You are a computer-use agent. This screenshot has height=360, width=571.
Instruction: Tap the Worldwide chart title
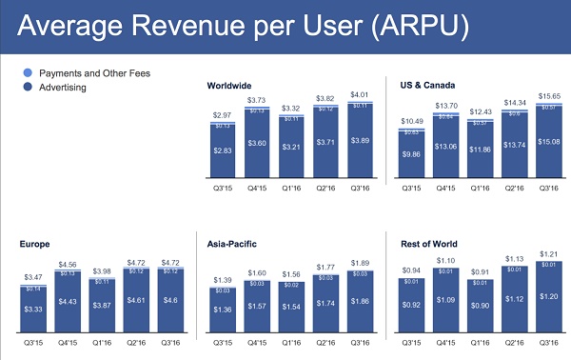click(231, 86)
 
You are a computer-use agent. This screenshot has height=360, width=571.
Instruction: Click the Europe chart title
click(35, 244)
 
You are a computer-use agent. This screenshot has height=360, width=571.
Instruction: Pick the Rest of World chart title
click(422, 244)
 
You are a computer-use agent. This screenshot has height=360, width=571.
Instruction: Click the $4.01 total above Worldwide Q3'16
click(360, 95)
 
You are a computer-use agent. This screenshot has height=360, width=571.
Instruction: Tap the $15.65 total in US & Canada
click(548, 96)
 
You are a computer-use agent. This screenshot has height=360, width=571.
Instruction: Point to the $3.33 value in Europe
click(34, 310)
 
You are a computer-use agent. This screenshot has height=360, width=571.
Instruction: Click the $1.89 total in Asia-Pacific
click(360, 264)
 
